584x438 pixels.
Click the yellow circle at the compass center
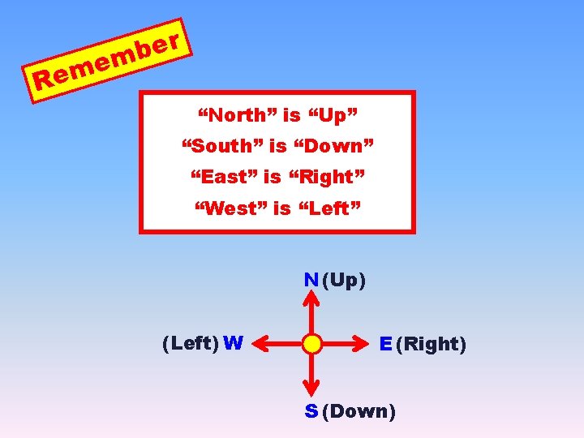[x=311, y=344]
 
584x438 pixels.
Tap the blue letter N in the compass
[x=311, y=281]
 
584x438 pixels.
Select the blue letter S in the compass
[x=311, y=411]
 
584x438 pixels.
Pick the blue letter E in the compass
[x=386, y=344]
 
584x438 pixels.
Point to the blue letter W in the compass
[x=233, y=343]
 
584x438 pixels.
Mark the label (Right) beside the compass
[x=431, y=344]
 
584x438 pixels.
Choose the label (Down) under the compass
[x=359, y=411]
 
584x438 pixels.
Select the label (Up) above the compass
[x=343, y=281]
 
